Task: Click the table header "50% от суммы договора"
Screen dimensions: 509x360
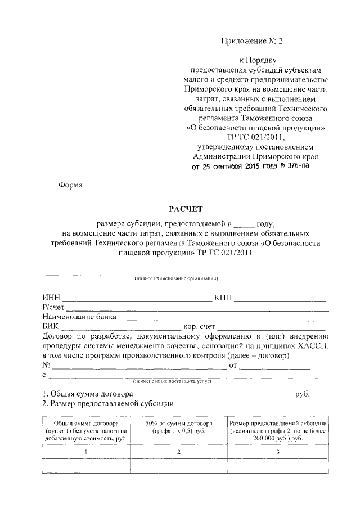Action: pos(178,423)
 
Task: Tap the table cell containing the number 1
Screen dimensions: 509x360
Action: pos(85,452)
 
